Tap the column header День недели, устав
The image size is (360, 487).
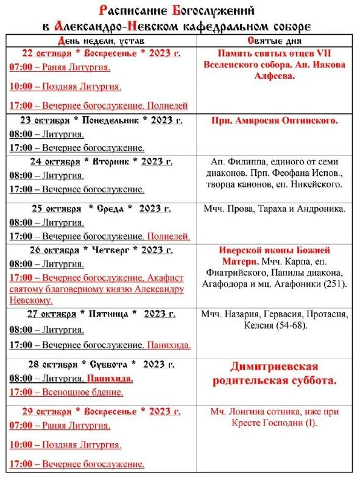click(x=101, y=40)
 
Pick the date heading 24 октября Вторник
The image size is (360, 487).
click(x=101, y=161)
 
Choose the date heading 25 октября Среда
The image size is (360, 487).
click(x=101, y=209)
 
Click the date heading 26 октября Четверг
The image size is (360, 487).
click(x=101, y=250)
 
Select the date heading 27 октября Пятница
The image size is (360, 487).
click(x=101, y=314)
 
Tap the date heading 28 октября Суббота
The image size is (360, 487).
click(x=101, y=365)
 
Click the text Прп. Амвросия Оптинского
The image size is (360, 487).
click(x=275, y=121)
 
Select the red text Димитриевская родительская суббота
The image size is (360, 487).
click(x=275, y=374)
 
